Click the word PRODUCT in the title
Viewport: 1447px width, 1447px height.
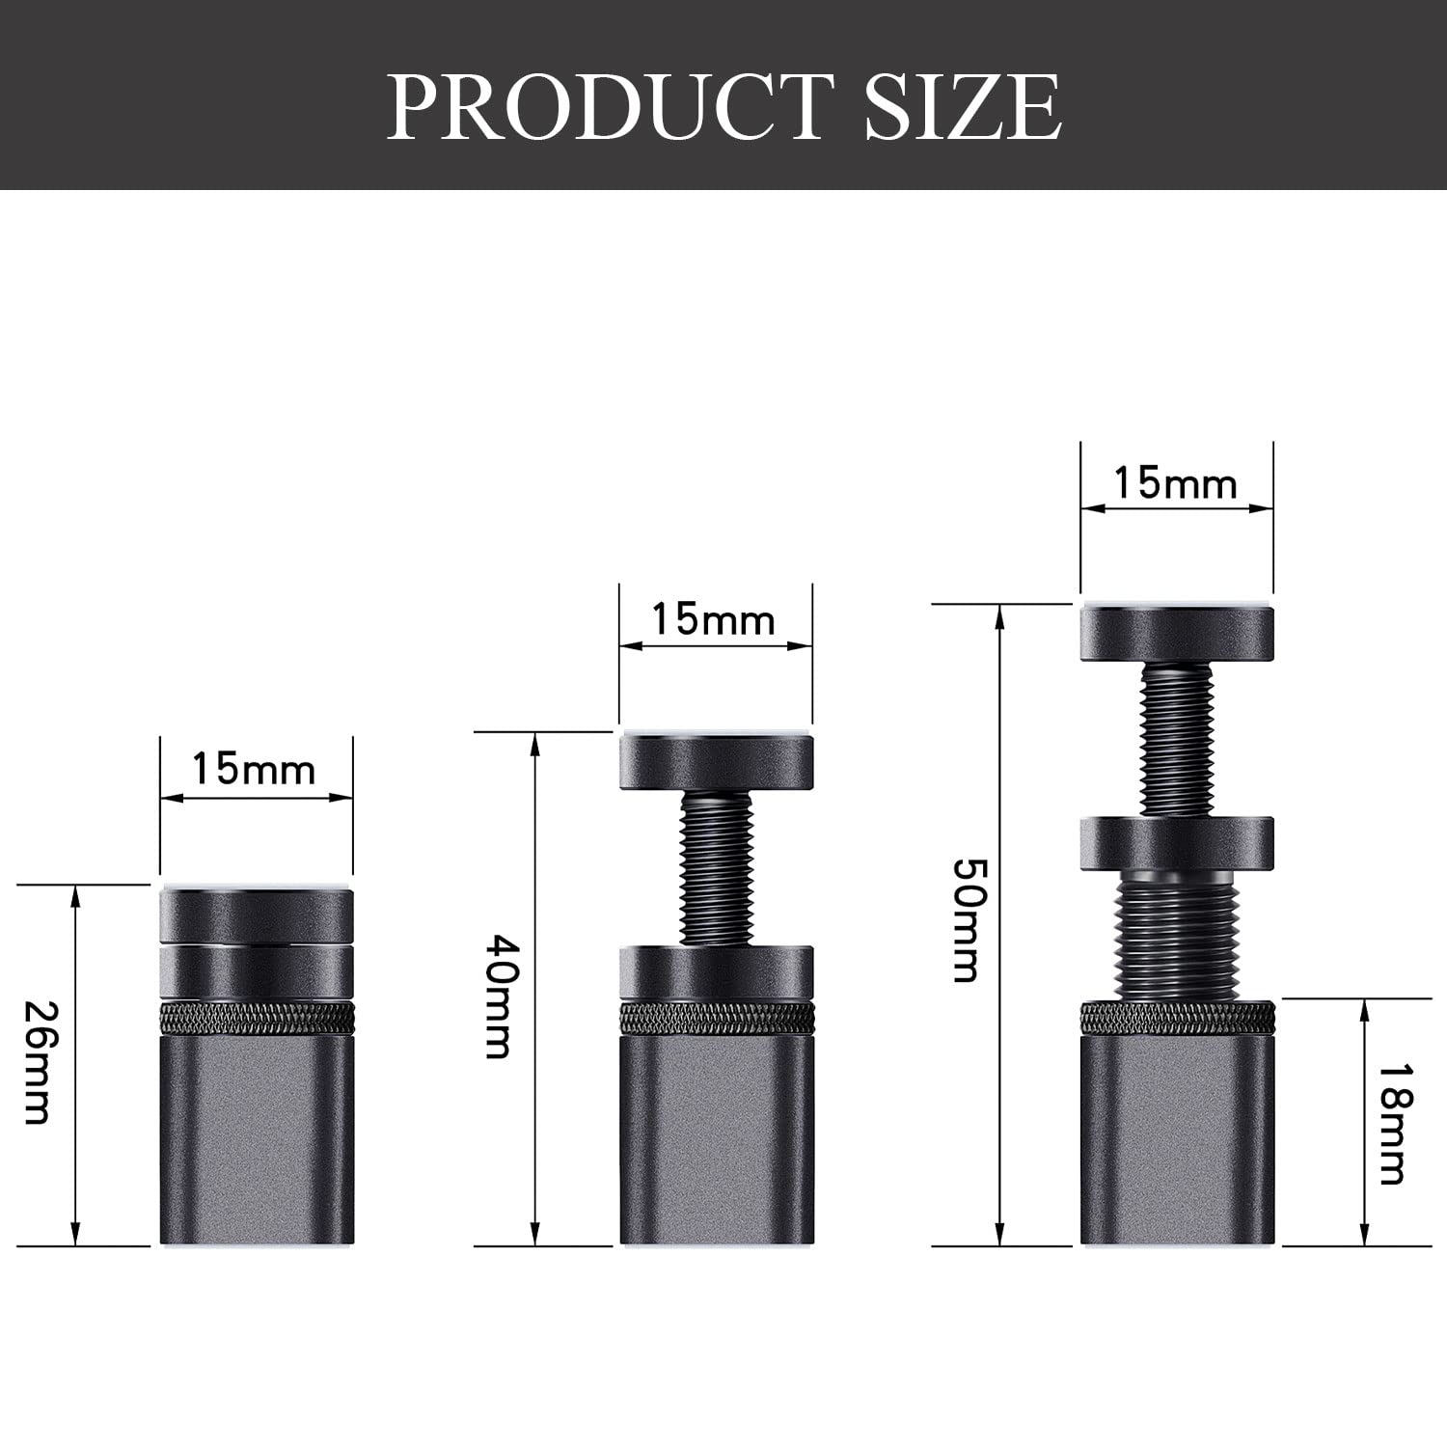click(611, 106)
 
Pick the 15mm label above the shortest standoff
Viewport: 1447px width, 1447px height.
click(254, 769)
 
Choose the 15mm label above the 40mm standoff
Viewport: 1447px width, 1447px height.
click(714, 618)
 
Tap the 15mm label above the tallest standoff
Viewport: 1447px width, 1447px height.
click(1176, 482)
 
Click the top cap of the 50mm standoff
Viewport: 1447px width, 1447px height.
click(1177, 633)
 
